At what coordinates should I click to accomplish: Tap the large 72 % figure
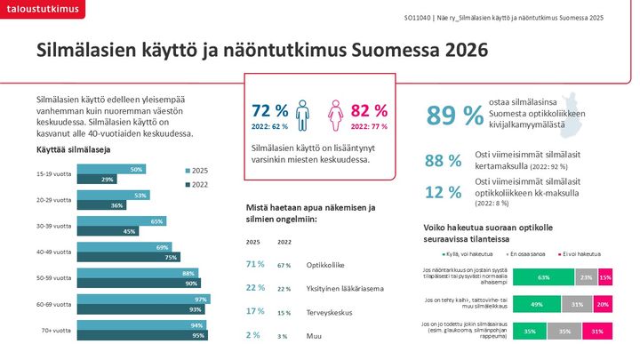tap(270, 110)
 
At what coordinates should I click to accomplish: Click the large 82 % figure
tap(370, 110)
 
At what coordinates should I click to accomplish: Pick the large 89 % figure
tap(455, 116)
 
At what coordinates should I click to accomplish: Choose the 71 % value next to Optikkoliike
tap(255, 264)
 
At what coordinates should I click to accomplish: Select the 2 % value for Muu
tap(254, 335)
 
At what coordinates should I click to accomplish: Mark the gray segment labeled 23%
tap(586, 277)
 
